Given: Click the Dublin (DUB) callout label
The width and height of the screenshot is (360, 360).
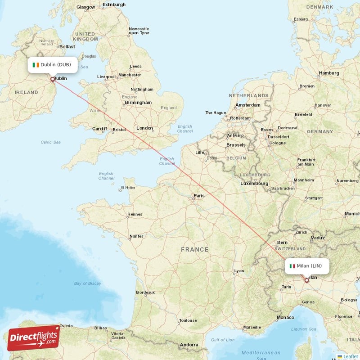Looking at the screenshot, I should (x=52, y=64).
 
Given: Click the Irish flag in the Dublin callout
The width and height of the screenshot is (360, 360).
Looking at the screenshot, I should (x=36, y=65).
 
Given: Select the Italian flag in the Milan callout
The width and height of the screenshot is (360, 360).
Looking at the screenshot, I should (x=292, y=266).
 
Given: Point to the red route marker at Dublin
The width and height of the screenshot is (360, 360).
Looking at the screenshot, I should (x=53, y=80).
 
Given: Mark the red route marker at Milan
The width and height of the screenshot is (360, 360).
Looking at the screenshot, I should (x=306, y=280).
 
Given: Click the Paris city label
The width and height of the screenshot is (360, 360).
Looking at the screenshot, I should (x=198, y=195).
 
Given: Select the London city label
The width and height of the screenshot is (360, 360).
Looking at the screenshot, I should (x=144, y=128).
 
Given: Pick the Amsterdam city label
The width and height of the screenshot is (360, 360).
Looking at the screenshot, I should (x=247, y=105).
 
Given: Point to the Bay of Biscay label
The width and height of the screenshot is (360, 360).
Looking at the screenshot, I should (x=87, y=283).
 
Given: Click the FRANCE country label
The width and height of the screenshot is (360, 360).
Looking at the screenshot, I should (x=195, y=249).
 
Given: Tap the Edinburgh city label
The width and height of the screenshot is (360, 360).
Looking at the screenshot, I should (x=114, y=4).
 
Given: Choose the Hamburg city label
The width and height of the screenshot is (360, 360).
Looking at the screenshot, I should (x=328, y=73).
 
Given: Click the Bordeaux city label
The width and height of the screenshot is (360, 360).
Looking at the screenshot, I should (x=145, y=292).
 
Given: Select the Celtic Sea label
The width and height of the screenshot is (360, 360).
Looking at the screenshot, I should (x=50, y=142).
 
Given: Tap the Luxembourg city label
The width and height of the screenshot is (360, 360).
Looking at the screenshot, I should (x=254, y=184).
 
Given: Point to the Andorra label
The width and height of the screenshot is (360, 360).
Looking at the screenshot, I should (x=189, y=345).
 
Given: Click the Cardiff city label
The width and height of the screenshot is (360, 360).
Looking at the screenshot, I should (x=99, y=129).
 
